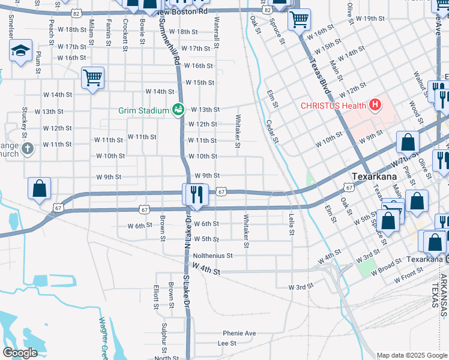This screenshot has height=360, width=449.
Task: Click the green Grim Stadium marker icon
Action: (178, 109)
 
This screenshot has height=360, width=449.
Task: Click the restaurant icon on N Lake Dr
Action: (195, 195)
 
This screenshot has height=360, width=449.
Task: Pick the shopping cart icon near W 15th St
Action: (92, 77)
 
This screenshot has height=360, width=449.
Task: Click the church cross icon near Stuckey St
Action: (26, 148)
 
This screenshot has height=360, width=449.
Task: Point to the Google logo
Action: (20, 352)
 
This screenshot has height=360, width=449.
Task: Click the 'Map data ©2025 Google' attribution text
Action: (411, 355)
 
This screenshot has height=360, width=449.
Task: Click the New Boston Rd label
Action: (181, 11)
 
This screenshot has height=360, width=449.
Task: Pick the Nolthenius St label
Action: (212, 256)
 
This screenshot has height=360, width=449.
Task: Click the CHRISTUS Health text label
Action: (334, 106)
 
